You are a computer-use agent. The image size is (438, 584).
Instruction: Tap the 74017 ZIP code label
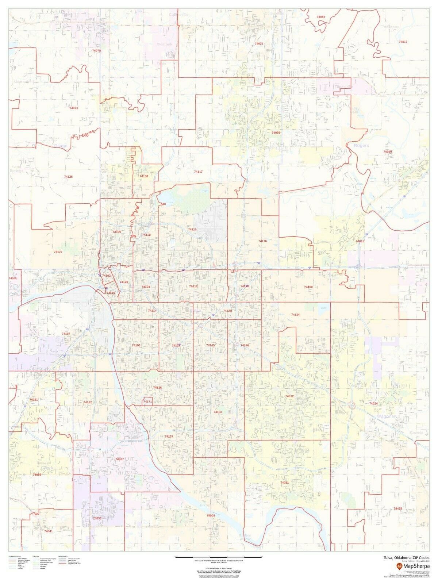403,42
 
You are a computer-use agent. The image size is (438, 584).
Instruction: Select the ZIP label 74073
73,108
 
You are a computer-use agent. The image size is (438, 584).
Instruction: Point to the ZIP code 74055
276,133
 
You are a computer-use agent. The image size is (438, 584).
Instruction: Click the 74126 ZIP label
68,177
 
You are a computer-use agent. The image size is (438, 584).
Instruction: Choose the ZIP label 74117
198,172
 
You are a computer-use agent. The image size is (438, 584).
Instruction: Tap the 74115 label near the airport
192,229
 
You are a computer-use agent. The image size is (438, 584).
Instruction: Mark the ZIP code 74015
360,241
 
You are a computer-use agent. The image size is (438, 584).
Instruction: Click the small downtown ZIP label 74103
106,276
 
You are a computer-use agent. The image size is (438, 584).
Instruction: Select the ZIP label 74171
147,402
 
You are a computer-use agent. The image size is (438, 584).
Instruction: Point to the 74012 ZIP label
289,396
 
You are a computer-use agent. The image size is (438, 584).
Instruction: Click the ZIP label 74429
398,508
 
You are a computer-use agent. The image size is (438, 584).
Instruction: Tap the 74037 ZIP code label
119,459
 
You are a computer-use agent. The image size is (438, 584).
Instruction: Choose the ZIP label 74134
295,315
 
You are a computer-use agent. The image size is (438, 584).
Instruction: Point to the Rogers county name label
361,146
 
